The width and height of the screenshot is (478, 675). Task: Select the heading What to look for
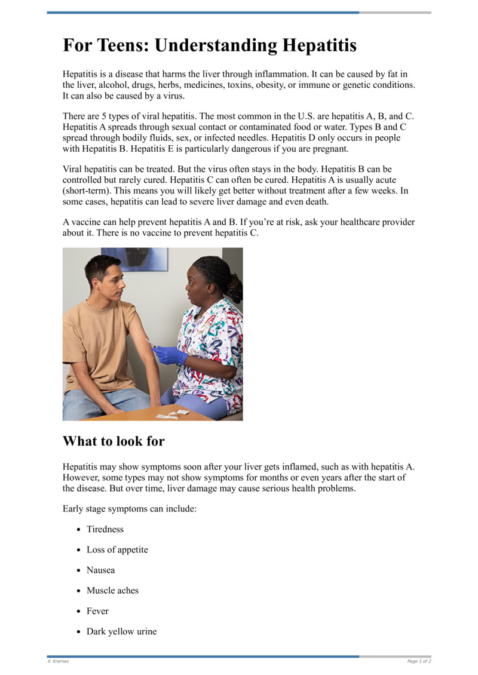(x=114, y=441)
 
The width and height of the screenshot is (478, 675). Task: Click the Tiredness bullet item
(x=105, y=529)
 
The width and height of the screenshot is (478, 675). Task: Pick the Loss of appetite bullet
(x=117, y=550)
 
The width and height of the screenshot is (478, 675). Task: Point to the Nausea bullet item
(x=100, y=570)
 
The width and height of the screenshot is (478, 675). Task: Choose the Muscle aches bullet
(x=112, y=590)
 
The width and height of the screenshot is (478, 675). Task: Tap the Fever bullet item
(x=97, y=611)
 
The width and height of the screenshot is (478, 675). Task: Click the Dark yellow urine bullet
(x=121, y=631)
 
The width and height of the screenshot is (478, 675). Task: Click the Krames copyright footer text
(x=58, y=661)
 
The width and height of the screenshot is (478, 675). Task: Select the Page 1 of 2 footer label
(x=419, y=661)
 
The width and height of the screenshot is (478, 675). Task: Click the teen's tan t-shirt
(x=99, y=340)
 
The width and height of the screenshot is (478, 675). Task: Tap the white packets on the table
(x=173, y=413)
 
